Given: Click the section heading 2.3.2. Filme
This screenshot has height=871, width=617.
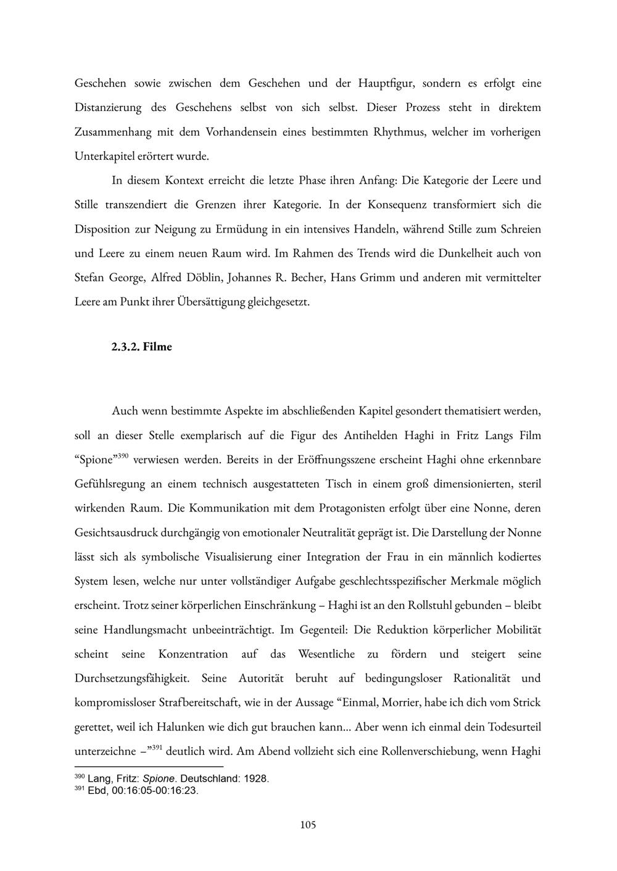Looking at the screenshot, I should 141,347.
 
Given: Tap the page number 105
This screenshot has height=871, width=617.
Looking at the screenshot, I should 308,825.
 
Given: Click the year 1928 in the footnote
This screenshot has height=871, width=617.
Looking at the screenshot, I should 256,778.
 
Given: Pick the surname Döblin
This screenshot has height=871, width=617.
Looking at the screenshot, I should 204,278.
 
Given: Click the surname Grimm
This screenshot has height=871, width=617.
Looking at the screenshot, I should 373,278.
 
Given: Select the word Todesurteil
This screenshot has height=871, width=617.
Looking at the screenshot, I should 515,727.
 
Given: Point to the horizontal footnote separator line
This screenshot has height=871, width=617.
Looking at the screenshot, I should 149,766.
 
